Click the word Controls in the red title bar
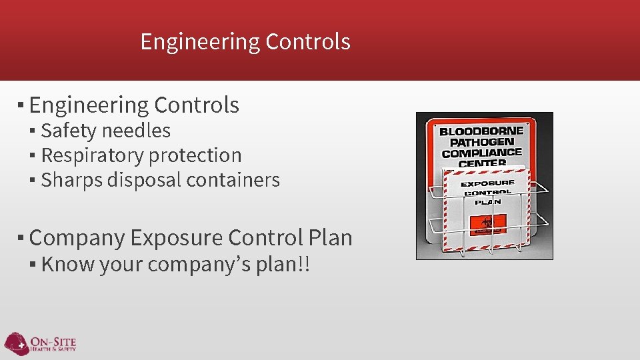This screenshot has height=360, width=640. [307, 42]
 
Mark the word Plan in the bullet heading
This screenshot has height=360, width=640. [331, 237]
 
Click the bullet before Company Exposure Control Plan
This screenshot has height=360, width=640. [21, 237]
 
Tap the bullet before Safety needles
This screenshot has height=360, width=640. [33, 131]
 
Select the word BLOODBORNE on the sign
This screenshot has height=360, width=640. [481, 131]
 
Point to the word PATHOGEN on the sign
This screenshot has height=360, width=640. [481, 142]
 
